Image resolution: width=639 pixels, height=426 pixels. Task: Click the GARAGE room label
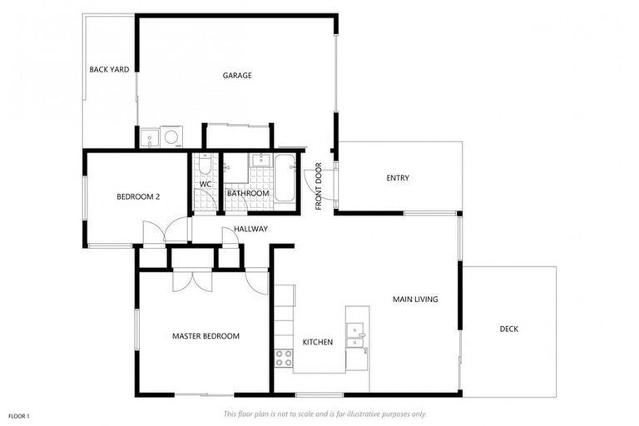(x=237, y=76)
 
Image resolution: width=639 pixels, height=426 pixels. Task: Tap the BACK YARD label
(x=109, y=70)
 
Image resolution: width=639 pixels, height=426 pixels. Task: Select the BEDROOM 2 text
(x=138, y=197)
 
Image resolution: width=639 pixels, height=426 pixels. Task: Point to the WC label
(x=206, y=184)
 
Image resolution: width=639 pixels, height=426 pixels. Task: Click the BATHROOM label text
(x=248, y=194)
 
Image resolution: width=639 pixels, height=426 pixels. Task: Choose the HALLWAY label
(x=250, y=229)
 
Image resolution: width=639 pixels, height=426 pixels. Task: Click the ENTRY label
(x=398, y=178)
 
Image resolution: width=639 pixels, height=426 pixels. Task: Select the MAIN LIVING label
(x=415, y=300)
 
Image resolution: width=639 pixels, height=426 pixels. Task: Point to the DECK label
(x=508, y=329)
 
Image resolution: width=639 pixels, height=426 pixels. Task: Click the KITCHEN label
(x=317, y=342)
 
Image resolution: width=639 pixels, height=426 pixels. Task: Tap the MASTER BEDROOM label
(x=206, y=336)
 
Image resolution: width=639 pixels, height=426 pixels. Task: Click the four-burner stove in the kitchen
(x=284, y=358)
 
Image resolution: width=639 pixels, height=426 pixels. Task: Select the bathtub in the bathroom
(x=285, y=177)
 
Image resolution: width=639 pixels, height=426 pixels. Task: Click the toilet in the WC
(x=205, y=164)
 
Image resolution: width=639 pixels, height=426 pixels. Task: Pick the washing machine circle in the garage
(x=172, y=136)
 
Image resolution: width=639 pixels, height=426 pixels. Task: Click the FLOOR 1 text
(x=19, y=415)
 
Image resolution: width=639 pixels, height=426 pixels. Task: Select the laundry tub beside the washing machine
(x=150, y=137)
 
